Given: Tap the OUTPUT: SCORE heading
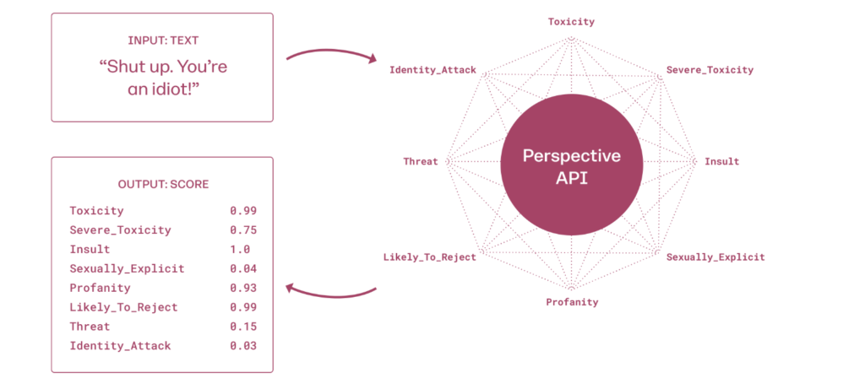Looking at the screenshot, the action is [x=163, y=184].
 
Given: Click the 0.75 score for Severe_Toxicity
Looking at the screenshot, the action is [x=243, y=230].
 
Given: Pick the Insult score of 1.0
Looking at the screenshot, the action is [x=240, y=249].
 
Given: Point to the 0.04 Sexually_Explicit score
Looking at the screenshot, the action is [x=243, y=268].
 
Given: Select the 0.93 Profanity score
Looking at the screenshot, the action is [x=243, y=288].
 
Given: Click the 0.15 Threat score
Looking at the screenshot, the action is [x=243, y=327].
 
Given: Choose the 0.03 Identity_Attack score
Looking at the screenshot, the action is [x=243, y=345].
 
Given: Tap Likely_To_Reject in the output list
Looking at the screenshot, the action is [x=123, y=307].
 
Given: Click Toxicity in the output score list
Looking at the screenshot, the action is [x=96, y=211].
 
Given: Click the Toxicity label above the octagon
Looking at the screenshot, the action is [x=571, y=22].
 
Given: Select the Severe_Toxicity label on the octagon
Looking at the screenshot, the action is [x=710, y=70].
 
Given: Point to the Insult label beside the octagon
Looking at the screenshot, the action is [x=721, y=161].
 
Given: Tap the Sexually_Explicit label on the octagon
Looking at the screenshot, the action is [x=715, y=257].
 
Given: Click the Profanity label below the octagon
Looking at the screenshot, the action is [x=572, y=302].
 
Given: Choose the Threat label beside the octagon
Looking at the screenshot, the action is [x=421, y=161].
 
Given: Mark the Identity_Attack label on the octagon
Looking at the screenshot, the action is [x=432, y=71].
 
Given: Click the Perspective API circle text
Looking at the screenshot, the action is [x=572, y=168].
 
